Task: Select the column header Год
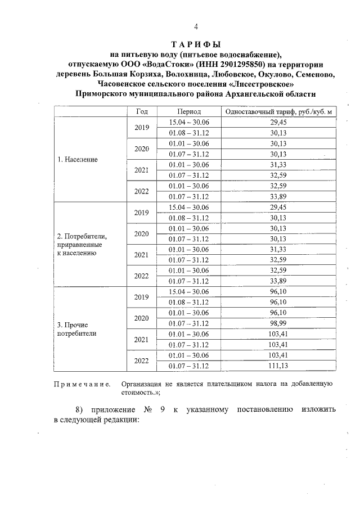(142, 112)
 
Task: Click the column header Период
(188, 112)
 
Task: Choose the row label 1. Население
(78, 159)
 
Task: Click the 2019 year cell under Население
(142, 127)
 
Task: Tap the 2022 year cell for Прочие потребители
(142, 361)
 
